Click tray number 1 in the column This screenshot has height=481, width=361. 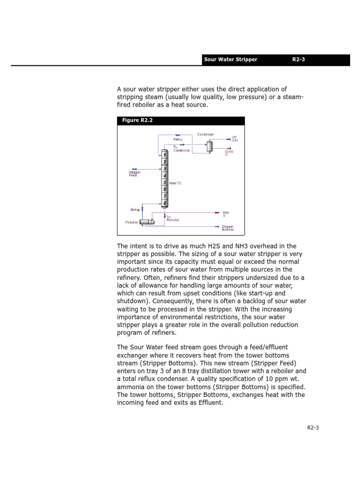click(x=165, y=155)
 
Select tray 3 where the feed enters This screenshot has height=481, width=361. click(x=165, y=168)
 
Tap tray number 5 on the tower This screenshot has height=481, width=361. click(x=165, y=182)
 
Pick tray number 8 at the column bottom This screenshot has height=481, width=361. click(x=165, y=203)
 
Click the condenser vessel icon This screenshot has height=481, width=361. click(x=209, y=146)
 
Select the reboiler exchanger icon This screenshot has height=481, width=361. click(x=148, y=222)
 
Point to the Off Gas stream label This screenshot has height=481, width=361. click(x=235, y=139)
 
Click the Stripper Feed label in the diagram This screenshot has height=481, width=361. click(x=134, y=173)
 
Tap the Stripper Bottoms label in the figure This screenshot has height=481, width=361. click(x=228, y=228)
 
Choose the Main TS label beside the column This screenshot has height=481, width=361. click(x=175, y=183)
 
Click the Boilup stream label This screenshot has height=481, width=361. click(x=135, y=209)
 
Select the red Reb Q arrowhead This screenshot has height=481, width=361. click(x=216, y=213)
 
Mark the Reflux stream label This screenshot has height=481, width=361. click(x=177, y=140)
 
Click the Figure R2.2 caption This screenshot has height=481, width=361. click(x=137, y=121)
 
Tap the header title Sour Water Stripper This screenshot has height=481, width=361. click(x=230, y=60)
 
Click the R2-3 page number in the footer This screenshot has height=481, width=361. click(x=313, y=427)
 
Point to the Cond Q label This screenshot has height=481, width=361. click(x=229, y=153)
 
